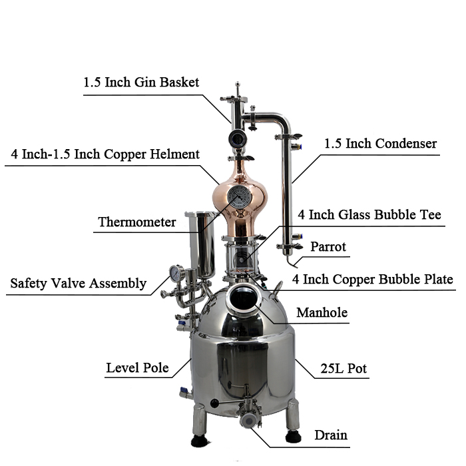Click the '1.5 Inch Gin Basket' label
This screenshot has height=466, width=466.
(x=141, y=83)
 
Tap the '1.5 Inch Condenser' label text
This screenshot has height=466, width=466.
(x=380, y=144)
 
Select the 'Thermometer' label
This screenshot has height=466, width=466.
(x=137, y=222)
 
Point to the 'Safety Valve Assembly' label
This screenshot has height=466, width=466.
(x=79, y=283)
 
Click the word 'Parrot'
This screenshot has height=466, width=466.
(x=328, y=247)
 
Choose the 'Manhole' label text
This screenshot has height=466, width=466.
(x=322, y=313)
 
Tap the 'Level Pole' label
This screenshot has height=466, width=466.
(x=138, y=368)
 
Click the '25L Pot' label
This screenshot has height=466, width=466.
(x=344, y=369)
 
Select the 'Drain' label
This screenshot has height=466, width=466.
(x=331, y=435)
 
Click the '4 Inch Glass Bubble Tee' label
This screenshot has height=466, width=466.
(x=369, y=214)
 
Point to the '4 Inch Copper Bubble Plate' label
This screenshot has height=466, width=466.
(x=373, y=279)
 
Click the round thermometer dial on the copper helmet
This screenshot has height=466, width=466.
(x=239, y=197)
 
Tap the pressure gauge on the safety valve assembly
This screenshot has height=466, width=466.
(x=177, y=273)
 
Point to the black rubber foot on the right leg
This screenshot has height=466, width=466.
(x=294, y=437)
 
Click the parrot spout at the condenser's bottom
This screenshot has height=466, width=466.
(x=292, y=262)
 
